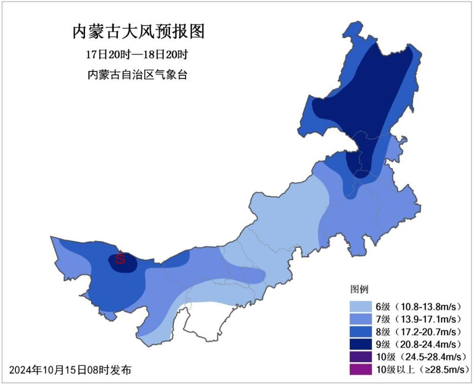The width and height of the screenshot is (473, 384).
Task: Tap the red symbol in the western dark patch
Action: tap(120, 258)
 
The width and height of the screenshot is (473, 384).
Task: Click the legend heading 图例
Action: tap(359, 289)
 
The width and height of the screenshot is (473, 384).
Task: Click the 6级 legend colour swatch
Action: tap(361, 306)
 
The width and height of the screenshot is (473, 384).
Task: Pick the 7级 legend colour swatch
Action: tap(361, 319)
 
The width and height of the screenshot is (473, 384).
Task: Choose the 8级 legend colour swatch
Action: tap(361, 331)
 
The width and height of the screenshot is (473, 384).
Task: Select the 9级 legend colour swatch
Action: tap(361, 344)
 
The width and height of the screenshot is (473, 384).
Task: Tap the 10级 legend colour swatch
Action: tap(361, 357)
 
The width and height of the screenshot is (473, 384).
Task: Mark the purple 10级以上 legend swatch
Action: tap(361, 369)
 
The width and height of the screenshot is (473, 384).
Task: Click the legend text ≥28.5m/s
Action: tap(442, 369)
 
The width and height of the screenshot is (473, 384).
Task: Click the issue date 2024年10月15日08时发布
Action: tap(70, 370)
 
